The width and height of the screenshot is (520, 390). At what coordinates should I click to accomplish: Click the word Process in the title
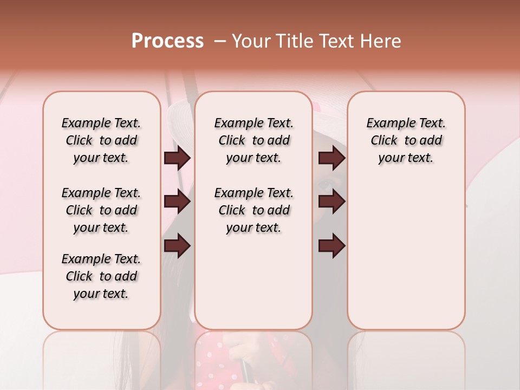pos(167,41)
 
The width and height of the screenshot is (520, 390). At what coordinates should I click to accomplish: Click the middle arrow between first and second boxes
pos(177,201)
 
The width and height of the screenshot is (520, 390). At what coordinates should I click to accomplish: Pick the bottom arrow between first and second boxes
pos(177,246)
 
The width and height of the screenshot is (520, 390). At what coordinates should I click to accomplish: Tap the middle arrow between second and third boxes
pos(331,201)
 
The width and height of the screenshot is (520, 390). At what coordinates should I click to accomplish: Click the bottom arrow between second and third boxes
pos(331,246)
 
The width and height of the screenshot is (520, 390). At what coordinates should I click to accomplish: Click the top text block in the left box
pos(101,140)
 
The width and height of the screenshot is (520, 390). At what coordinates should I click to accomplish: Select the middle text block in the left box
pos(101,210)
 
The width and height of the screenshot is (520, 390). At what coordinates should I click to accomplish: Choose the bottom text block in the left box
pos(101,276)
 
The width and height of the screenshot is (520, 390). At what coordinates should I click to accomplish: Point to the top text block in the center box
pos(253,140)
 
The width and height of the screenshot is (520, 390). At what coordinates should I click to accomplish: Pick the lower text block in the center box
pos(253,210)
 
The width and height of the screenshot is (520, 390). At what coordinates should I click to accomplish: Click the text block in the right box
pos(406,140)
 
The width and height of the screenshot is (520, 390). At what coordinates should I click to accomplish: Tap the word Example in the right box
pos(388,123)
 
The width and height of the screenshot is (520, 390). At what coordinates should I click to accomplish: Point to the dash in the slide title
pos(220,41)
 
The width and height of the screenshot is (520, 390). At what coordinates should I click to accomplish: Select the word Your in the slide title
pos(252,41)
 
